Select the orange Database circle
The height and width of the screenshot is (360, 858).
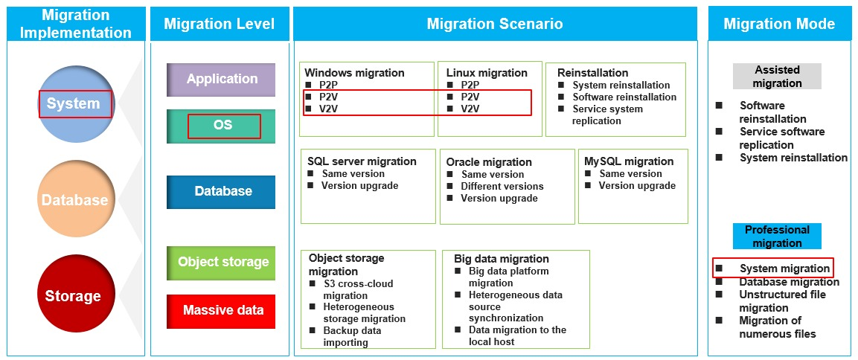click(75, 199)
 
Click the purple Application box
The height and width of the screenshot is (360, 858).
click(221, 80)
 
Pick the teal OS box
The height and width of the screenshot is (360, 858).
click(221, 126)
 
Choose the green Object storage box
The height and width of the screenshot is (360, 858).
click(221, 263)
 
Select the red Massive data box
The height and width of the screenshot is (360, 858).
click(221, 311)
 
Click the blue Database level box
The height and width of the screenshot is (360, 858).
click(221, 191)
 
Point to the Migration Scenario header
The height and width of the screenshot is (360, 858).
click(495, 24)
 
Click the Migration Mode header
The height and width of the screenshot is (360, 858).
click(779, 24)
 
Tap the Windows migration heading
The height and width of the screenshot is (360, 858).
click(354, 73)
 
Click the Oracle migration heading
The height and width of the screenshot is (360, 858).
click(489, 162)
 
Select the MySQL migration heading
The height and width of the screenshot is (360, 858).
click(629, 161)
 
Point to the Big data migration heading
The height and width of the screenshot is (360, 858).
click(502, 259)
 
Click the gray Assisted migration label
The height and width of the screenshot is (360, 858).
click(777, 77)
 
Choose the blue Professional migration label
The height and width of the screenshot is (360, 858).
click(777, 237)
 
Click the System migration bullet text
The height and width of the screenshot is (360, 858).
click(784, 269)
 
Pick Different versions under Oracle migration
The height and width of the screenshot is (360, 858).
click(502, 186)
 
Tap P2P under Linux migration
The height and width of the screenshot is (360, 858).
click(470, 85)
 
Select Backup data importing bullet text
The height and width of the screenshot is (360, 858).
click(353, 336)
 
